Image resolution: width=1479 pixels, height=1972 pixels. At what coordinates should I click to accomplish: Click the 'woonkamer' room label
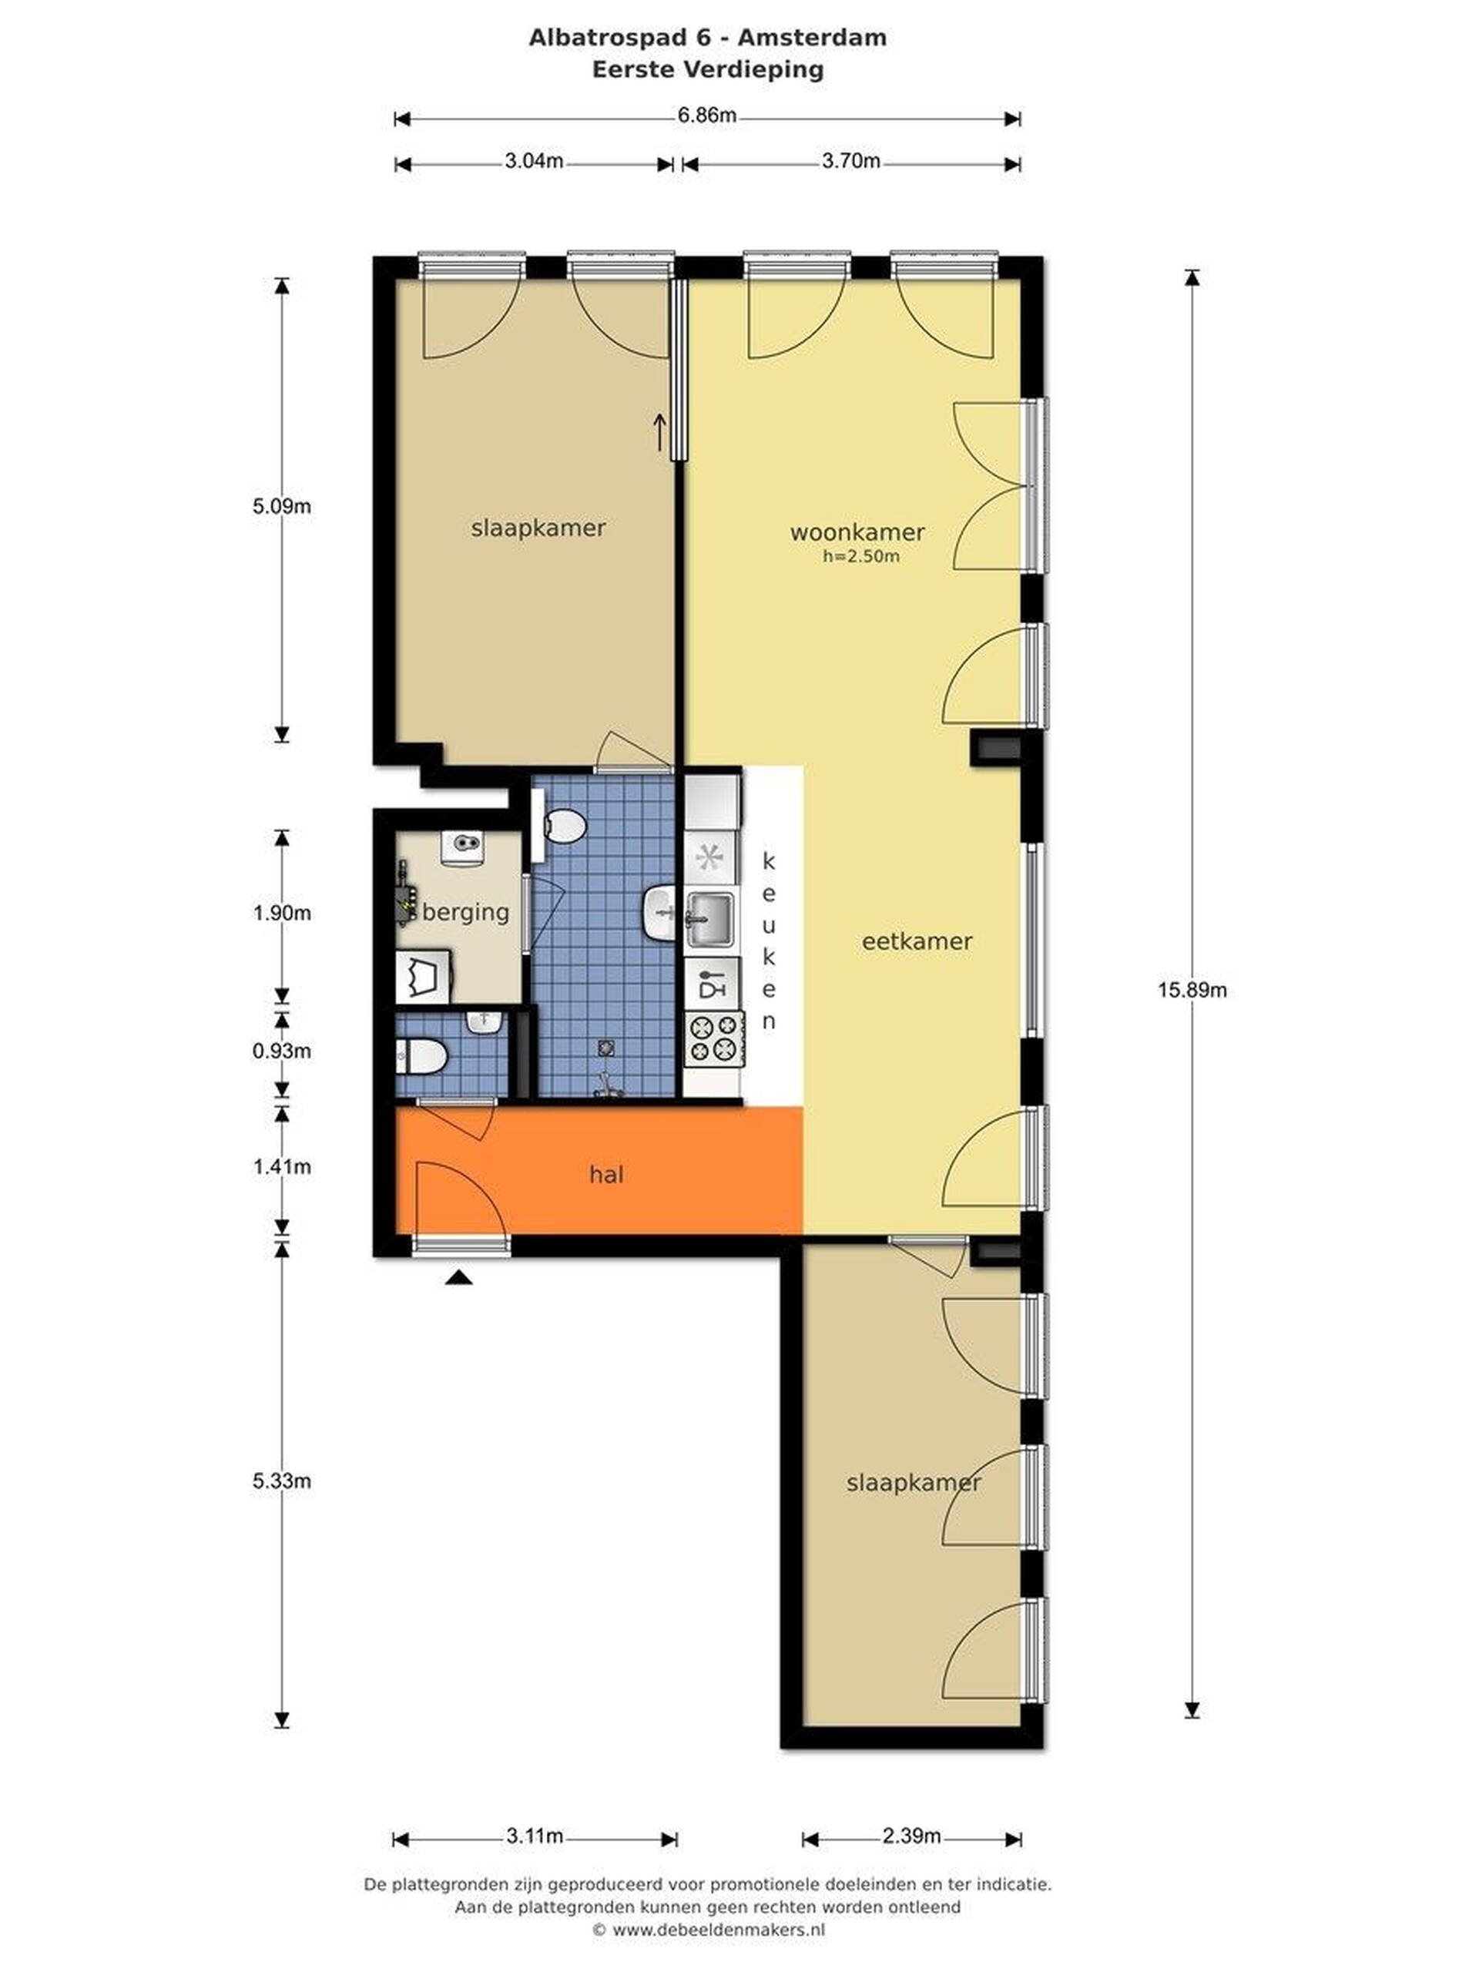coord(857,532)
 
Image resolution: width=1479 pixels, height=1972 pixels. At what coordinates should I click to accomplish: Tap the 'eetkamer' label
coord(917,941)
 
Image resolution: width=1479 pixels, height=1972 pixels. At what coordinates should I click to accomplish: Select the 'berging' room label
coord(465,912)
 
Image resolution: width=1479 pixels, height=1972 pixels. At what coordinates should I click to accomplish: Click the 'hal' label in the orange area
coord(606,1174)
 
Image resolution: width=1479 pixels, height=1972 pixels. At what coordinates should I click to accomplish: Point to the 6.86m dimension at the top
coord(707,115)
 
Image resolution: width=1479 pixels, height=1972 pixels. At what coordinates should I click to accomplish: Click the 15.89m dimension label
coord(1192,990)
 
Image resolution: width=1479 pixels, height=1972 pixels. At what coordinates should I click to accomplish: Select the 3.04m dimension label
coord(534,160)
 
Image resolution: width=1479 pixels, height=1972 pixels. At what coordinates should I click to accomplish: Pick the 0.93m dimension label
coord(282,1051)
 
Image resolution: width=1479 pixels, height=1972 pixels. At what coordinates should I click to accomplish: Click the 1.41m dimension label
coord(282,1167)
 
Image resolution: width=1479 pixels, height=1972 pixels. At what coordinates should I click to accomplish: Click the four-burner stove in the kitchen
coord(713,1038)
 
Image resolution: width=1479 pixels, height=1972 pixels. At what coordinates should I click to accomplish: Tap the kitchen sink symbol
coord(709,918)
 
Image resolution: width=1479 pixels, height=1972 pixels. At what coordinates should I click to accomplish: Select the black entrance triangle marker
coord(458,1277)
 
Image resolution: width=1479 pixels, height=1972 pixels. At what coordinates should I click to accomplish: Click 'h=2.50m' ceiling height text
coord(860,557)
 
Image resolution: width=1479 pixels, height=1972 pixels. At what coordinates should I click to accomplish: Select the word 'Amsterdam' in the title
coord(811,38)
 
